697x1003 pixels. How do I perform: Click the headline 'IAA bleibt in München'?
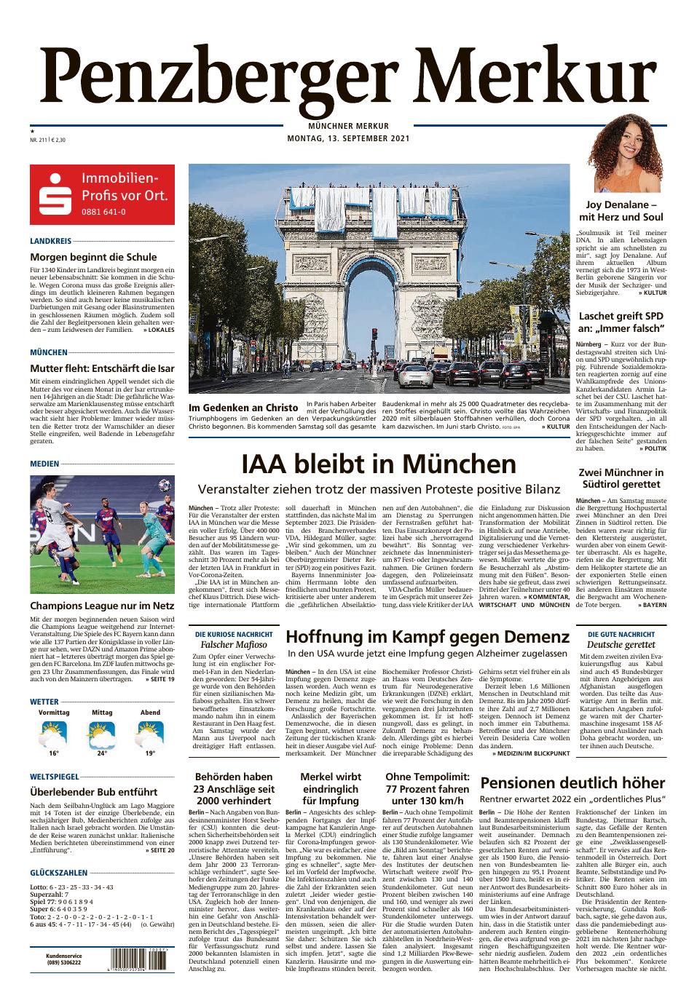[379, 464]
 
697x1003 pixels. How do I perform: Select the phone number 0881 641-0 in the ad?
[103, 212]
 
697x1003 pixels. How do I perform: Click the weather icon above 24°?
[102, 734]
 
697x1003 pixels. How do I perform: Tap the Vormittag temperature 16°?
[53, 753]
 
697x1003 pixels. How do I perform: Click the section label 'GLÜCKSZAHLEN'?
[59, 873]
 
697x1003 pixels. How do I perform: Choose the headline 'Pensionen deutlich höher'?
[572, 783]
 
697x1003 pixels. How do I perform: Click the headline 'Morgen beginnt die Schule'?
[93, 257]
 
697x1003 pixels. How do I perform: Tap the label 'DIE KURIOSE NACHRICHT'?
[234, 634]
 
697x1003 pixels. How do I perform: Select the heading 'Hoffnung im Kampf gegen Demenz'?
[428, 637]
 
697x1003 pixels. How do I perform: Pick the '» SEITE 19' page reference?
[160, 679]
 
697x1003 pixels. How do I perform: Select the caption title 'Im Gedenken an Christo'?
[243, 407]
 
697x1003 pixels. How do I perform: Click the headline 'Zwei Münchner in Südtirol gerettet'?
[621, 478]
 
